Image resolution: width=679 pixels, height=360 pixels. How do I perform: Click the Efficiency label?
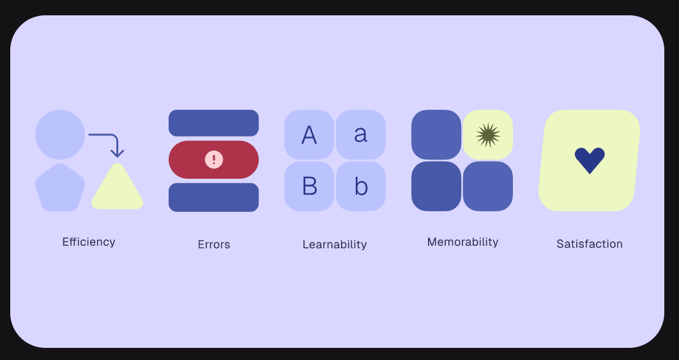click(x=89, y=242)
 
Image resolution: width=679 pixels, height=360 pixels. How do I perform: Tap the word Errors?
click(x=213, y=244)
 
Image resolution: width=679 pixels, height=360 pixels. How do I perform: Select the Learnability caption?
click(x=335, y=244)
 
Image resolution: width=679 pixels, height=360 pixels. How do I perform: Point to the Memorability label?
click(x=462, y=242)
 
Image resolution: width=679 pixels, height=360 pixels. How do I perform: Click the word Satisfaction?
click(x=589, y=244)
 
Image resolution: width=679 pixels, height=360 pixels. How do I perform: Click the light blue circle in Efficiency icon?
click(x=60, y=135)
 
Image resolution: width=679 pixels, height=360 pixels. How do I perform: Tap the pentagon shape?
click(x=59, y=188)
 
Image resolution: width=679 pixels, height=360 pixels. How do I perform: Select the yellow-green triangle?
click(x=117, y=189)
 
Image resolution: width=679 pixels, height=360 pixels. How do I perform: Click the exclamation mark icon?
click(x=214, y=160)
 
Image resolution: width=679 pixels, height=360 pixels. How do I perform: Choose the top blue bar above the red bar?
click(x=213, y=123)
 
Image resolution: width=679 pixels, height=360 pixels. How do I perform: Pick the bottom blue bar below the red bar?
click(x=213, y=197)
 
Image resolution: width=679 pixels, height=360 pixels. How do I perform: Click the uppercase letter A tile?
click(x=309, y=135)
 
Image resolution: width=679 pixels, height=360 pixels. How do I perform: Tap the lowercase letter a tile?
click(x=361, y=135)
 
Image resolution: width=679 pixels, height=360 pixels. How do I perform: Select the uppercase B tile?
click(x=309, y=186)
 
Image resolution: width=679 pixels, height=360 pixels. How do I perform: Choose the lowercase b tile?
click(x=361, y=186)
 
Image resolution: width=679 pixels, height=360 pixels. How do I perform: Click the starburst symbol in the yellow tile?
click(x=488, y=135)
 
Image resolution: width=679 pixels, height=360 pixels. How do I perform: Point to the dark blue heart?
click(x=590, y=160)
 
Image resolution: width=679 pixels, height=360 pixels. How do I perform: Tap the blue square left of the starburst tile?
click(x=436, y=135)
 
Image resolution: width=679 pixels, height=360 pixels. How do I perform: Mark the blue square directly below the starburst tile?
click(x=488, y=186)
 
